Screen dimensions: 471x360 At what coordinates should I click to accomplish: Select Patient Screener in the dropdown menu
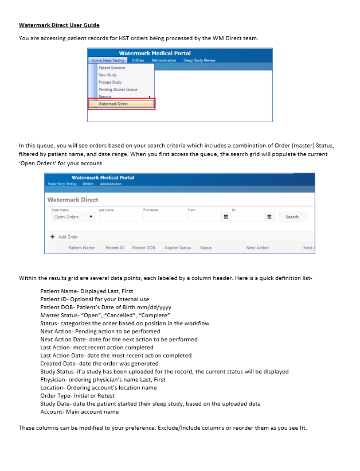pyautogui.click(x=112, y=68)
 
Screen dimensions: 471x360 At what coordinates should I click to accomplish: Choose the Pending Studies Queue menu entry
pyautogui.click(x=118, y=89)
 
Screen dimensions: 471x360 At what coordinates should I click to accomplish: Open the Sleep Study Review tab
pyautogui.click(x=199, y=60)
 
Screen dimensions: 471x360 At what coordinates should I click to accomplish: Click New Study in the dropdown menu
pyautogui.click(x=107, y=75)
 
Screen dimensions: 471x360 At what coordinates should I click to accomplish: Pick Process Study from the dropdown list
pyautogui.click(x=110, y=82)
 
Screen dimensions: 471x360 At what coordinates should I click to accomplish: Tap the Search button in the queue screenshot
pyautogui.click(x=292, y=217)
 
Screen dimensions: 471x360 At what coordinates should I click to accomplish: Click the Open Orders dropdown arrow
pyautogui.click(x=91, y=217)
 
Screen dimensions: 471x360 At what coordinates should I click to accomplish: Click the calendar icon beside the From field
pyautogui.click(x=226, y=217)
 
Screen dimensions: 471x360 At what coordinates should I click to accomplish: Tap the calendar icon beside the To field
pyautogui.click(x=269, y=217)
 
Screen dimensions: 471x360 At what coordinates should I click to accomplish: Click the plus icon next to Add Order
pyautogui.click(x=53, y=236)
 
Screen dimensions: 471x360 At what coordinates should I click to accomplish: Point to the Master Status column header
pyautogui.click(x=178, y=248)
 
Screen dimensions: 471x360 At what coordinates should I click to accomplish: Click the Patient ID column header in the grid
pyautogui.click(x=115, y=248)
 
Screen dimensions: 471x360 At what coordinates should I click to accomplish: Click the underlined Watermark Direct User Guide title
pyautogui.click(x=59, y=25)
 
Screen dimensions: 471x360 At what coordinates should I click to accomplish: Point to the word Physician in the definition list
pyautogui.click(x=52, y=380)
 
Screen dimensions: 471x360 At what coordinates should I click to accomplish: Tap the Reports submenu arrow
pyautogui.click(x=150, y=96)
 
